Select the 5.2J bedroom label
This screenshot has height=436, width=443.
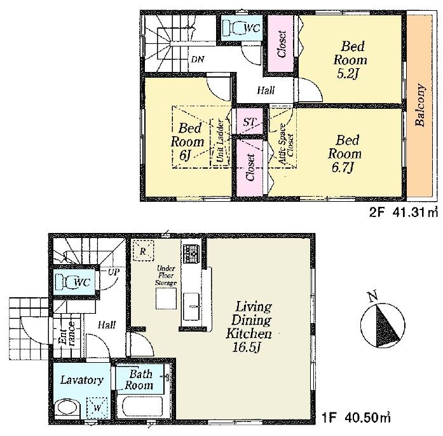coord(353,60)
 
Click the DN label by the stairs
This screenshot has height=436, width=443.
coord(198,59)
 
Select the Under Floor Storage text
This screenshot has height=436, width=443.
coord(167,270)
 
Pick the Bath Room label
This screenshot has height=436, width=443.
coord(139,380)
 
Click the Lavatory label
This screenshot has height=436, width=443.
coord(81,380)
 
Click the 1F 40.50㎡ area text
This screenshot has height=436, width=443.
coord(357,419)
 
